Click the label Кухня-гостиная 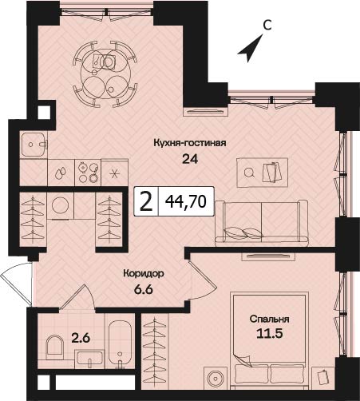coord(190,143)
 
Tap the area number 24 coord(190,159)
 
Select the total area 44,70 coord(186,201)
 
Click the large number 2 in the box coord(146,201)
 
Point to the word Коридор coord(144,273)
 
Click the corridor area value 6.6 coord(144,289)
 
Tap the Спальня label coord(269,319)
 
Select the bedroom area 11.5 coord(269,334)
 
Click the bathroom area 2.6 coord(81,338)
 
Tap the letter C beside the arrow coord(267,26)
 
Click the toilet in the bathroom coord(54,345)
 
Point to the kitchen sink coord(34,145)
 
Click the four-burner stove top coord(88,172)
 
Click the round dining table coord(105,73)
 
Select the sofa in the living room coord(261,223)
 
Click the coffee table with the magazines coord(262,173)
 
